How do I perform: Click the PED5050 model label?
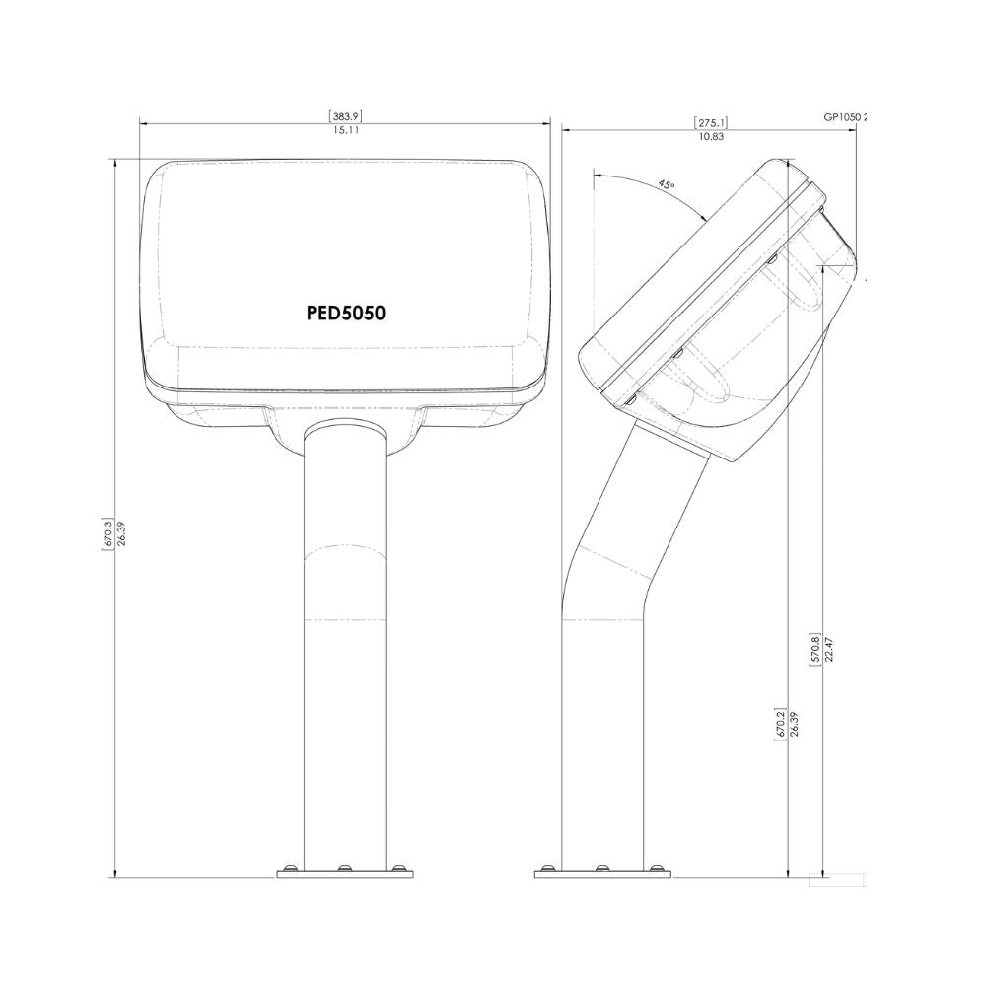point(344,313)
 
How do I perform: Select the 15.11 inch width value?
point(345,130)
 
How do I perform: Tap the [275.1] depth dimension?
point(711,122)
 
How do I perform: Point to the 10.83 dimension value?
point(711,136)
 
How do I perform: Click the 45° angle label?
point(667,184)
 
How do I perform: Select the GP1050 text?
point(845,116)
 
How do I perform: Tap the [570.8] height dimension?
point(814,648)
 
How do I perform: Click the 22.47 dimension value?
point(829,648)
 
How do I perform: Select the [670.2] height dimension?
point(780,725)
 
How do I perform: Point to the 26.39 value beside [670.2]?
point(794,725)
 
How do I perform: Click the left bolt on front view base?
point(290,869)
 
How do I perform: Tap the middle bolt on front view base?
point(344,869)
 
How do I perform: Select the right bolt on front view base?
point(398,869)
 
